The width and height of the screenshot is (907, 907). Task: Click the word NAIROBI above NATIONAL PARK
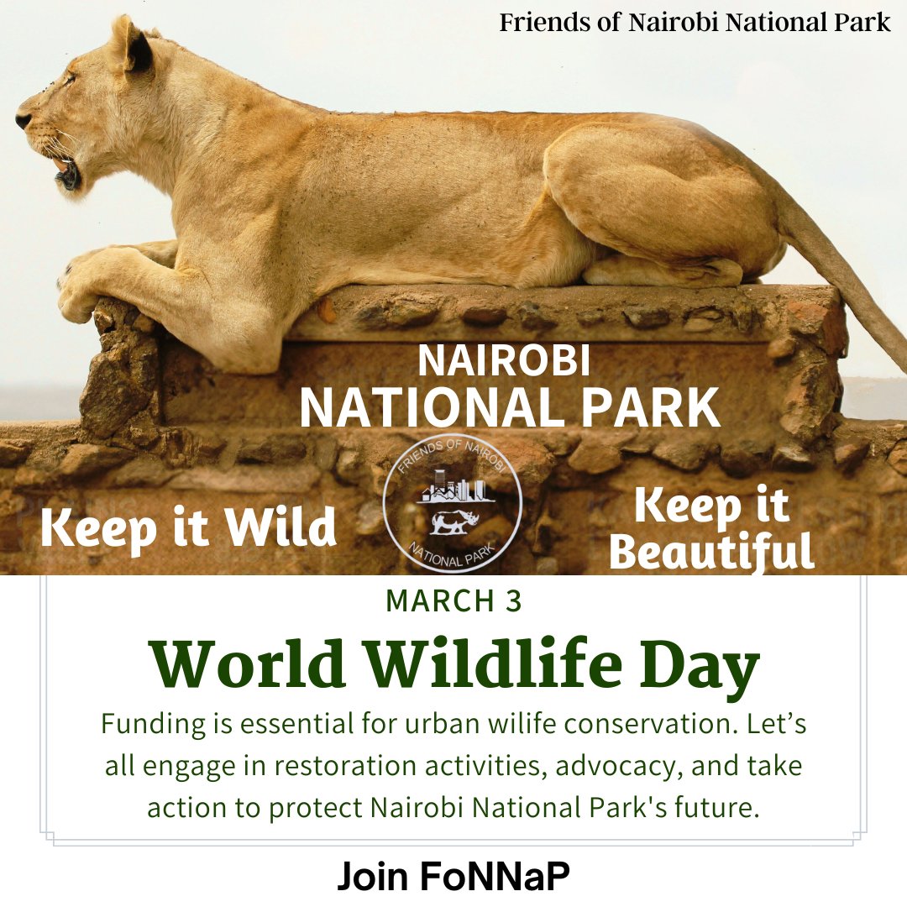click(x=504, y=361)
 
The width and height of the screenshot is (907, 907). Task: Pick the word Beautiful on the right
click(x=712, y=552)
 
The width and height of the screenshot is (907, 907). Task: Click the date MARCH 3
click(x=453, y=601)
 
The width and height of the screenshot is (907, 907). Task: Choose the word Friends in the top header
click(x=537, y=23)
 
